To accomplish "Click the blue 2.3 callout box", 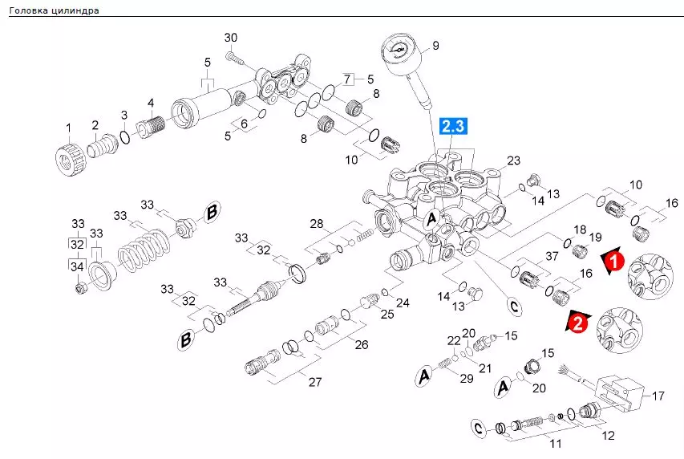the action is (453, 126).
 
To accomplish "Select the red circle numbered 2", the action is (578, 324).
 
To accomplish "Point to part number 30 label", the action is (231, 38).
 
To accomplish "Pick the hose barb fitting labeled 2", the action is (103, 144).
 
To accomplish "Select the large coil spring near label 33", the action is (145, 250).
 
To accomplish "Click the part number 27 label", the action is (315, 382).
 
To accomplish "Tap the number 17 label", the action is (658, 396).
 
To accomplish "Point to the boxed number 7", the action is (347, 79).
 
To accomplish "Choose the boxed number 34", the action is (77, 265).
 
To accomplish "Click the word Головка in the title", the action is (28, 10).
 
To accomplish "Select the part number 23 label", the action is (513, 160).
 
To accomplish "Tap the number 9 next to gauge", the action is (435, 46).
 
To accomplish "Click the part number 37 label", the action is (552, 256).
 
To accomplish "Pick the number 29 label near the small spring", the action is (467, 378).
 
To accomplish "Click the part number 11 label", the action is (556, 444).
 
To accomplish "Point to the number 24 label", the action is (403, 303).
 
